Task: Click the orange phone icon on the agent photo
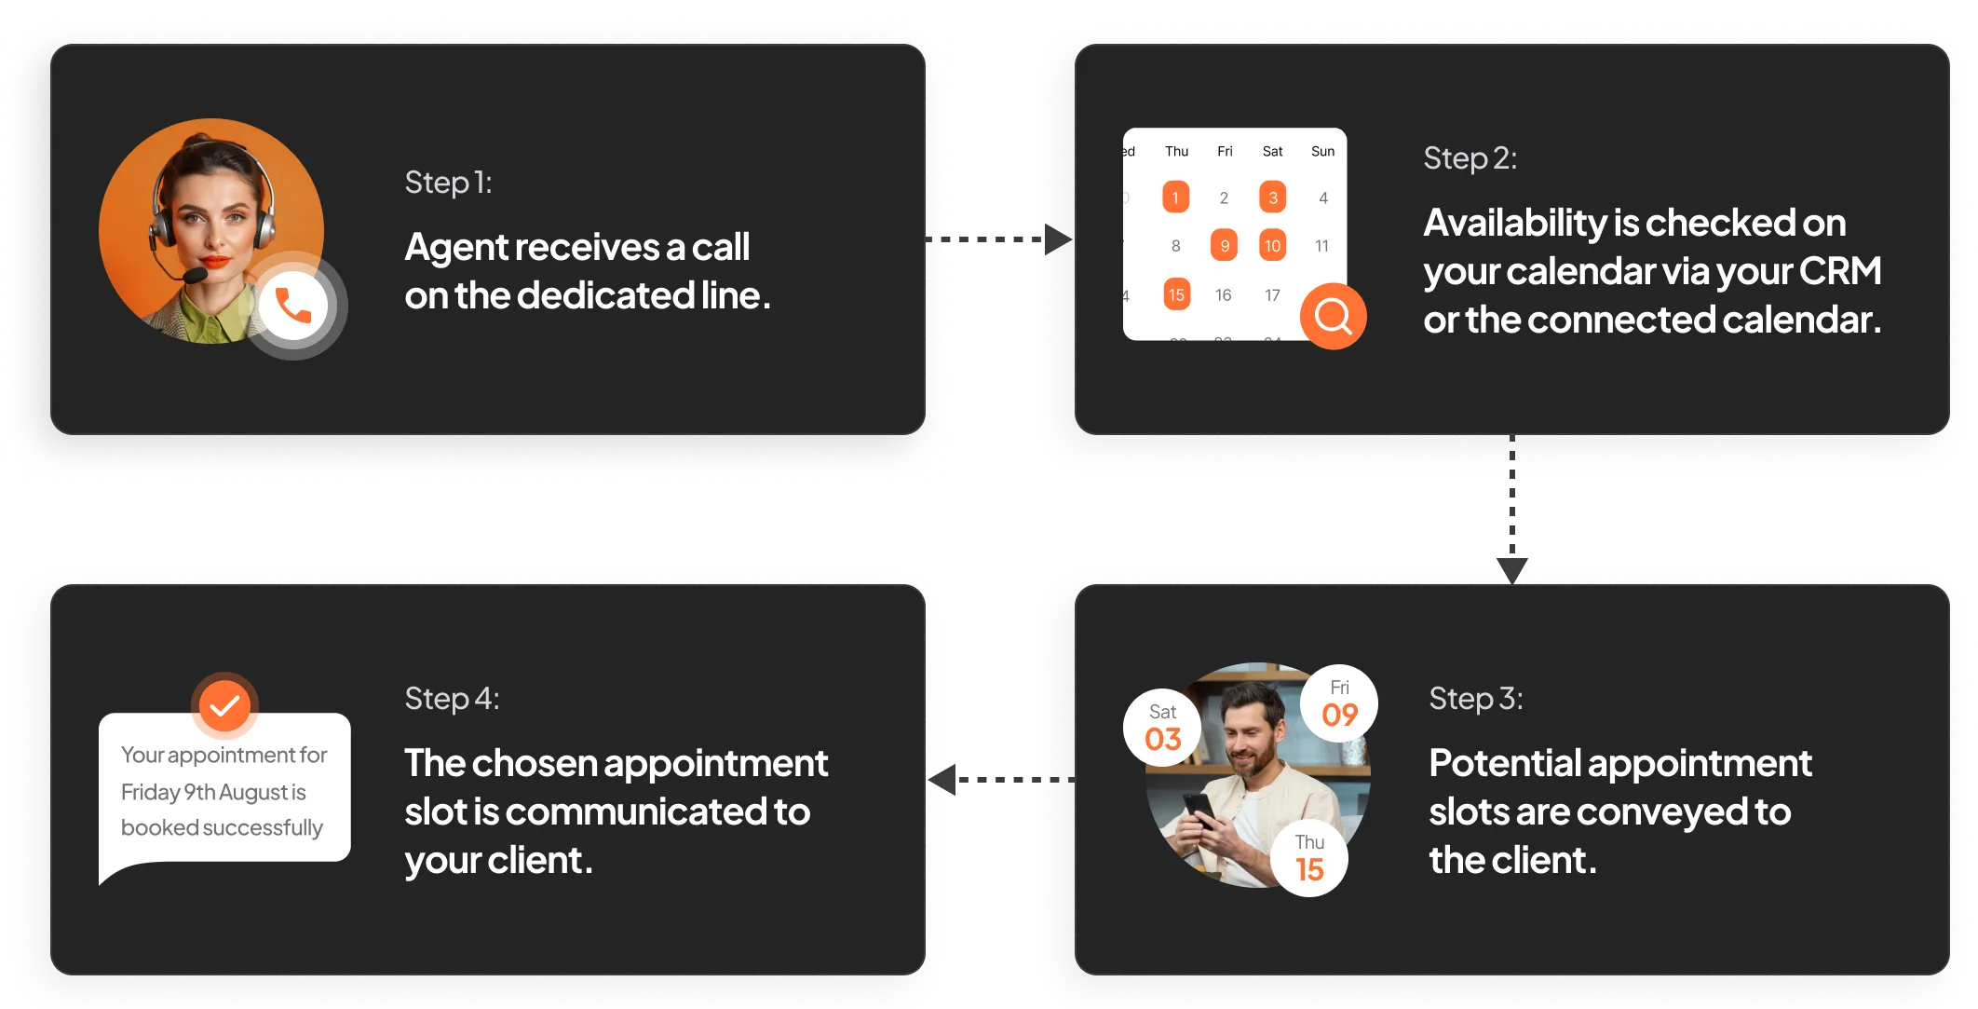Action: [293, 306]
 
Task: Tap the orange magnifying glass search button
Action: [1333, 317]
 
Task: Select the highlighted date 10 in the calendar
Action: [1272, 246]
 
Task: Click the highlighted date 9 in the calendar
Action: [1224, 246]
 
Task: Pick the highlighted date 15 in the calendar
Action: [1176, 294]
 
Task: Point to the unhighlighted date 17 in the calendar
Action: [1272, 295]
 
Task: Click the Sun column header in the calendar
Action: [1322, 151]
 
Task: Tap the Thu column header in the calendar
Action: [1176, 151]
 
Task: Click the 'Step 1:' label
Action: [448, 183]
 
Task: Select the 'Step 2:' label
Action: [1470, 158]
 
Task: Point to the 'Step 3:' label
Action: [1476, 699]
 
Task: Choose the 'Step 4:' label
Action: [452, 699]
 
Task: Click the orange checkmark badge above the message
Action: [224, 705]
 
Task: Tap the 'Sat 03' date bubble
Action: [1162, 728]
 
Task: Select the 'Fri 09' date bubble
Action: [1339, 703]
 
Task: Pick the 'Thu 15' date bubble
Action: [1309, 858]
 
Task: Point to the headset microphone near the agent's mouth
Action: [195, 276]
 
